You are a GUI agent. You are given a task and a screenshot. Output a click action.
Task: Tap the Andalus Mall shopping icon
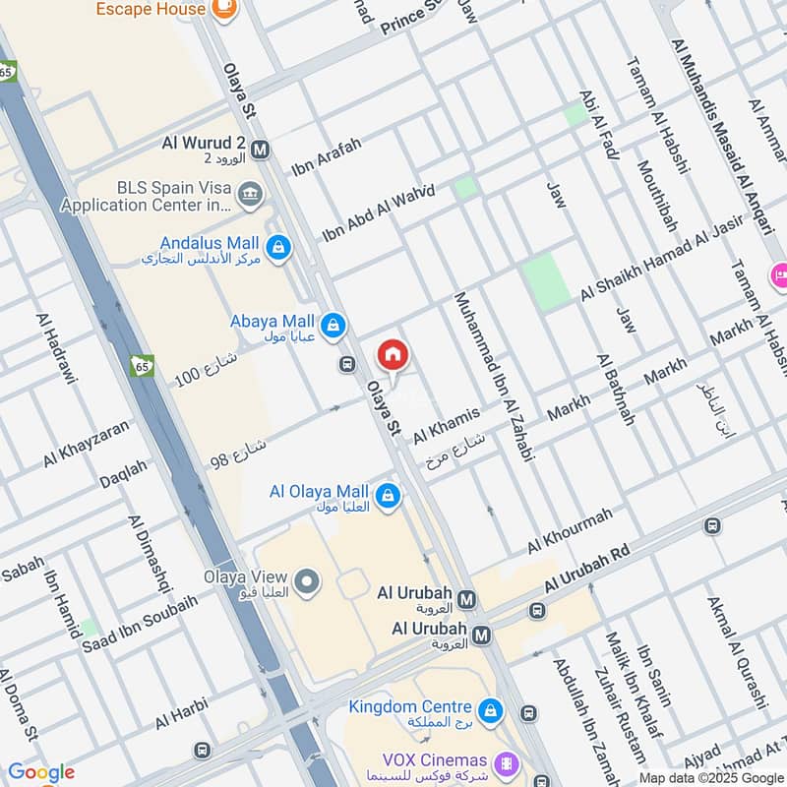pos(278,244)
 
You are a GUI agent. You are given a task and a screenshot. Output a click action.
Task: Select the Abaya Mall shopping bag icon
pos(333,324)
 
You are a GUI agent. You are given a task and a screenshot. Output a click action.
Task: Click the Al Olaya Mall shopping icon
pos(389,493)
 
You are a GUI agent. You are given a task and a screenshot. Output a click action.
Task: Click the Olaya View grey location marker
pos(307,582)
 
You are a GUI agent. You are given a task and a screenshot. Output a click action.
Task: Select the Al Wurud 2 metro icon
pos(261,151)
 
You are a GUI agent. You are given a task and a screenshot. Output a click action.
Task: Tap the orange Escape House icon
pos(225,9)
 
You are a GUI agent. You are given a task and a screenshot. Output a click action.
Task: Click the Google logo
pos(41,772)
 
